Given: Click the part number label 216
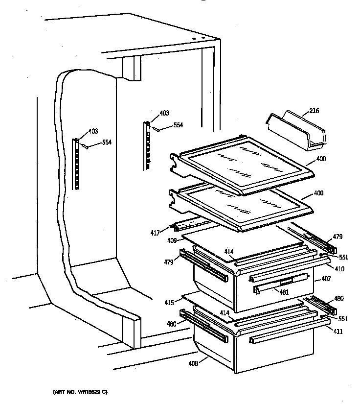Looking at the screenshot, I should point(314,112).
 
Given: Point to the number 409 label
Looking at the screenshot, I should point(171,240).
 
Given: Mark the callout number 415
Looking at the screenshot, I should point(169,303).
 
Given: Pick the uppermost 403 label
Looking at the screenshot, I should point(164,113).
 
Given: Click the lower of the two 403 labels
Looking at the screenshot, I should point(93,131).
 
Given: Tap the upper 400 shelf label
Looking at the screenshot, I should point(321,159).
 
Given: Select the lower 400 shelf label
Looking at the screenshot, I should point(318,193).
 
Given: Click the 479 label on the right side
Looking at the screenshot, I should point(337,237).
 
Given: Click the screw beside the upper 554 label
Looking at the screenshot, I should point(157,129).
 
